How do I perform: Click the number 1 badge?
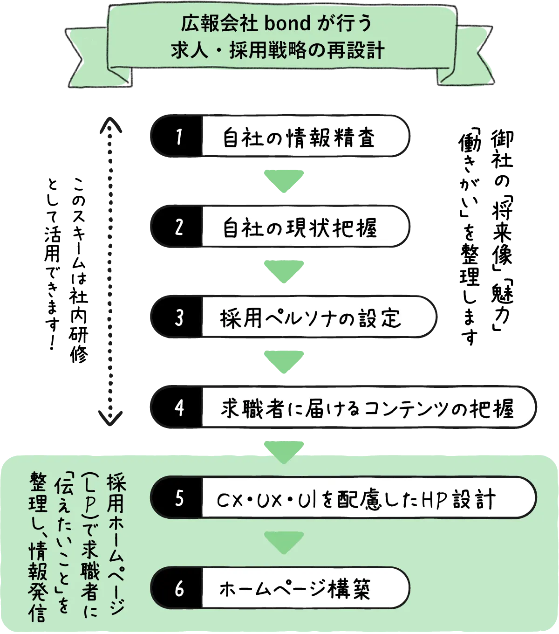pos(178,137)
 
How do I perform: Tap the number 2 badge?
pos(178,227)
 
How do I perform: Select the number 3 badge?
pos(178,318)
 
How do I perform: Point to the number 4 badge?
pos(178,408)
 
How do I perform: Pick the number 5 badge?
pos(178,499)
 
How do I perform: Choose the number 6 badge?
pos(178,589)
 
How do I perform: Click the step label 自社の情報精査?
pos(299,137)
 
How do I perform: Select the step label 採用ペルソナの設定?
pos(310,318)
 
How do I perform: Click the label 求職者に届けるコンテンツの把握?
pos(367,408)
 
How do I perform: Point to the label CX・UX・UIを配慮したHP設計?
pos(356,499)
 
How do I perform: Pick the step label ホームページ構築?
pos(295,589)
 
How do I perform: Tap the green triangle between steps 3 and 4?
pos(284,362)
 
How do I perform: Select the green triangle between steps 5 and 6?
pos(284,542)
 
